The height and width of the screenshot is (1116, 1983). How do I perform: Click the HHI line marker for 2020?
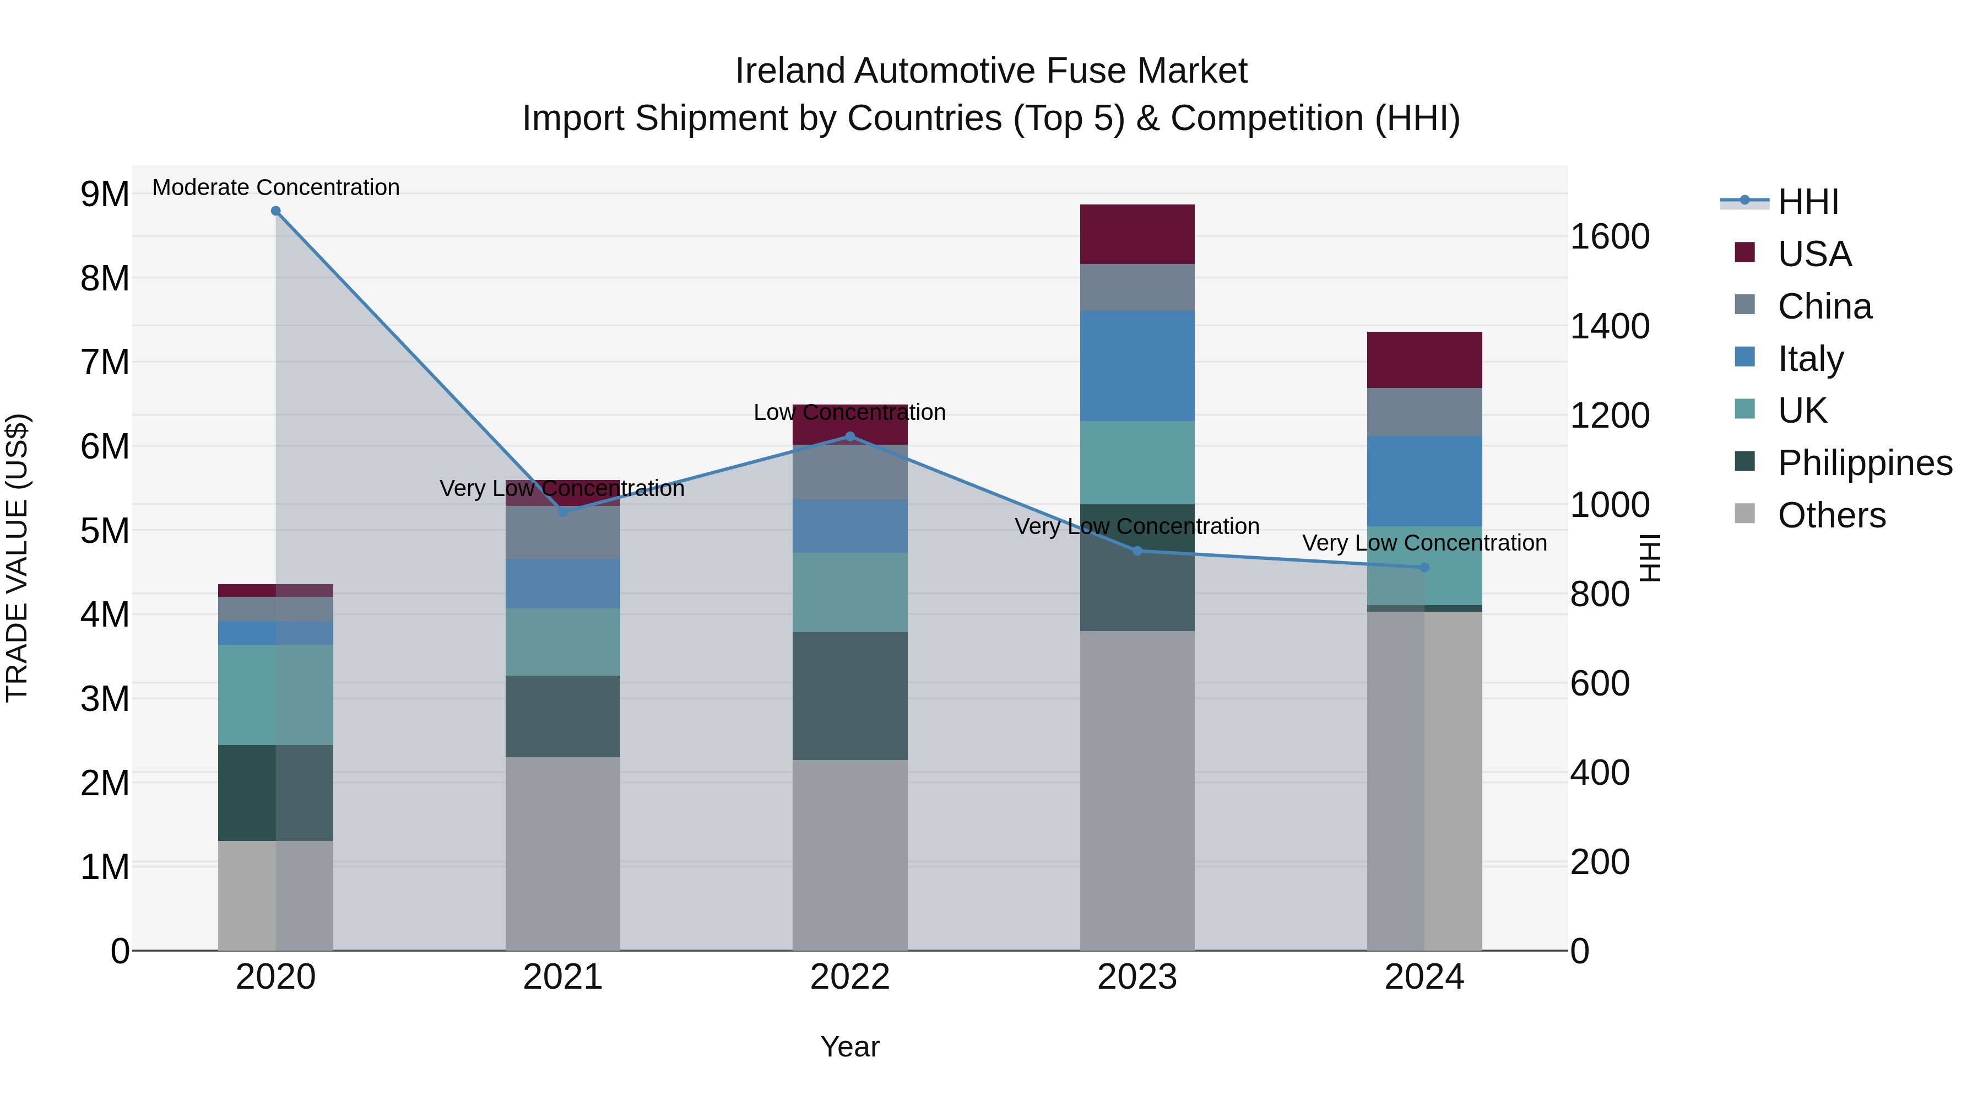pos(275,211)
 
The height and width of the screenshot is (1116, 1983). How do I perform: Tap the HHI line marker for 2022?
pos(850,436)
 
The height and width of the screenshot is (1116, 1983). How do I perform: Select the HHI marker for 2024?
pos(1424,568)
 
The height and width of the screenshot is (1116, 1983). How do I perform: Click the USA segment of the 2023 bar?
pos(1137,234)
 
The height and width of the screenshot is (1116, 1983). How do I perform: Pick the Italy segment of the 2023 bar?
pos(1137,366)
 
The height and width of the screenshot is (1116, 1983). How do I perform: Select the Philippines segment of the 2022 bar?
pos(850,696)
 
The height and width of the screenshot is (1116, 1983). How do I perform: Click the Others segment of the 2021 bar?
pos(563,853)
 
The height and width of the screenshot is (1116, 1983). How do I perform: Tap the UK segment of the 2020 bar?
pos(275,695)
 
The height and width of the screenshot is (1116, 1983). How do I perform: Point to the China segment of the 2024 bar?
pos(1424,412)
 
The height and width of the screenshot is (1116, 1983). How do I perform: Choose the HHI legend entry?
pos(1807,202)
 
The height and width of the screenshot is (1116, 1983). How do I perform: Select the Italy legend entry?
pos(1811,359)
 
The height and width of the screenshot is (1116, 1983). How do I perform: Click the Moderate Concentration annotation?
pos(275,187)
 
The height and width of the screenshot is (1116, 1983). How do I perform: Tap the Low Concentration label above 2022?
pos(850,413)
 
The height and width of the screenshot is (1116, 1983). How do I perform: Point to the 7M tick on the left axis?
pos(105,362)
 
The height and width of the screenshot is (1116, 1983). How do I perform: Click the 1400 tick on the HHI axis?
pos(1609,326)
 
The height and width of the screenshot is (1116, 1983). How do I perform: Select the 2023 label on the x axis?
pos(1137,977)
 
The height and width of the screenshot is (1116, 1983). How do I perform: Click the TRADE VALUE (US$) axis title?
pos(17,558)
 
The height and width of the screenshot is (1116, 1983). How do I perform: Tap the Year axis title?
pos(850,1047)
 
